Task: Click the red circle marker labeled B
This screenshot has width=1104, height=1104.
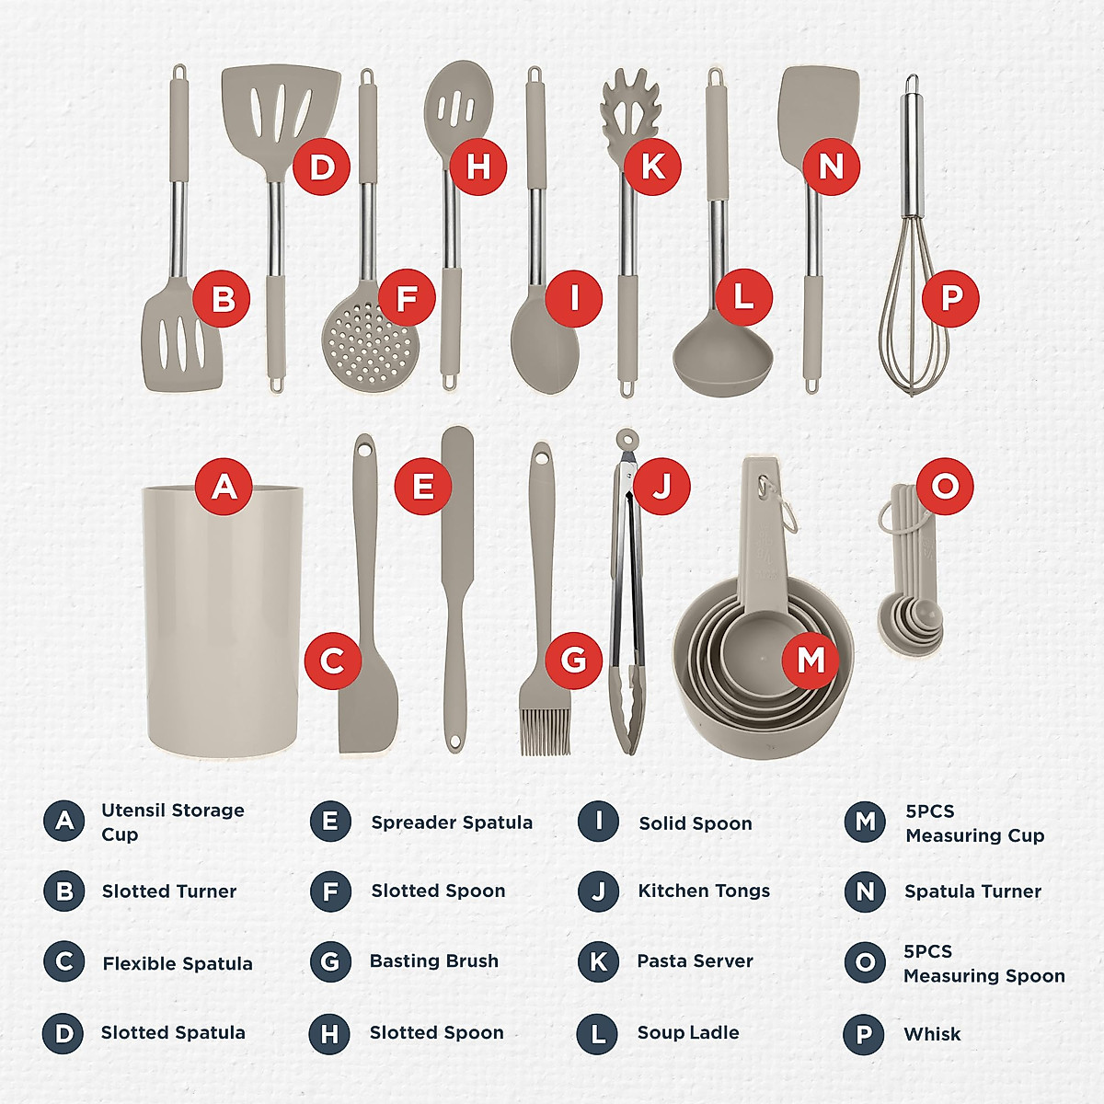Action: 222,299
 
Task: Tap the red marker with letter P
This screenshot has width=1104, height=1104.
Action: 950,298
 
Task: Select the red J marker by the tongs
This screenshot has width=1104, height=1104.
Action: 661,486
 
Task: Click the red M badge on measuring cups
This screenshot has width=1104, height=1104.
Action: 811,660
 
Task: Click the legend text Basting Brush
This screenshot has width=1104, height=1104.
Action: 434,961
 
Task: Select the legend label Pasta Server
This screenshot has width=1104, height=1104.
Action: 695,961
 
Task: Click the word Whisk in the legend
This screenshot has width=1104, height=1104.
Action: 932,1034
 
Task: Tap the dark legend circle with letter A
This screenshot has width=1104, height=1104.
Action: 63,821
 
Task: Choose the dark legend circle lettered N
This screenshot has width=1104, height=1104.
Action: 865,891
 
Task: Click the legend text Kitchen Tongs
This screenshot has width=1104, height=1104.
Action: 704,891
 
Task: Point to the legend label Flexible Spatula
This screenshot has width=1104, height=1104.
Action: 178,963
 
